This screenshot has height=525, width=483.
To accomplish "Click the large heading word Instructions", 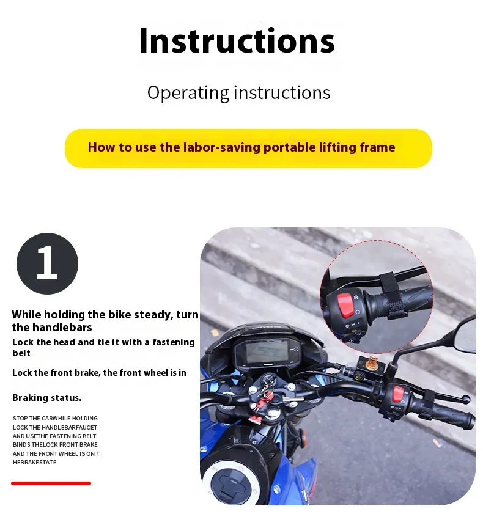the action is (x=237, y=41).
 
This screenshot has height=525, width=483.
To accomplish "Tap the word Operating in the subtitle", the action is (x=188, y=93).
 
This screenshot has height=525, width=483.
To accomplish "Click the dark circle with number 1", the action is (x=47, y=263).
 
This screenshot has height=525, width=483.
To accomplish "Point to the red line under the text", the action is (x=51, y=483).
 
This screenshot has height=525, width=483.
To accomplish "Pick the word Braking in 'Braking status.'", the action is (x=31, y=398).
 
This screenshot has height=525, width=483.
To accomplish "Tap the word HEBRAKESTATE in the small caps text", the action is (x=35, y=463).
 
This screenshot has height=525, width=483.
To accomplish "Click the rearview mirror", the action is (x=465, y=334).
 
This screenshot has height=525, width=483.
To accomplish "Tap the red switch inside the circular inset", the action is (x=345, y=306).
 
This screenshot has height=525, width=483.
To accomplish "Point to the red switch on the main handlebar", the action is (x=398, y=394).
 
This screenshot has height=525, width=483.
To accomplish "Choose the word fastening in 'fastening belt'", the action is (x=173, y=342).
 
